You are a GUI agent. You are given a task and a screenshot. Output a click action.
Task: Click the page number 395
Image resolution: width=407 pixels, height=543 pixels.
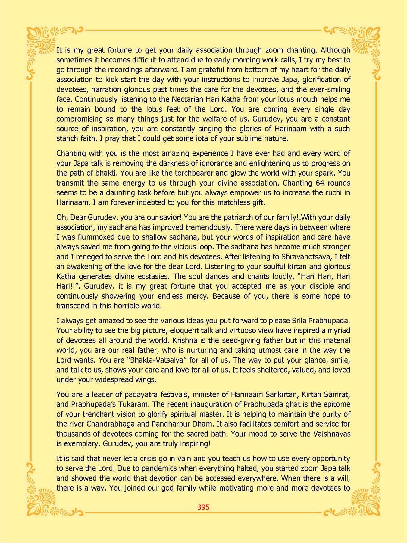click(x=203, y=507)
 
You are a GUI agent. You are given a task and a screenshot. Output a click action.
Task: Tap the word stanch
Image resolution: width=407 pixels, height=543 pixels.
click(x=66, y=138)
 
